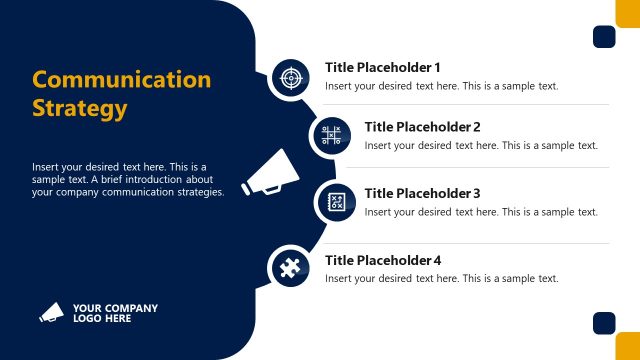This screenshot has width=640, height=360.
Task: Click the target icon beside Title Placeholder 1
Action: (290, 76)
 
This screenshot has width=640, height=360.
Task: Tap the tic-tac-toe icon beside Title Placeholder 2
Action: (330, 135)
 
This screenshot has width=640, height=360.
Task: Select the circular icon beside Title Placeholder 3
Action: (336, 202)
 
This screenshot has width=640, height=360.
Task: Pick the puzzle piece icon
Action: (290, 267)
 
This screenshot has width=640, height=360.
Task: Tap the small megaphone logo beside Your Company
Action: (51, 313)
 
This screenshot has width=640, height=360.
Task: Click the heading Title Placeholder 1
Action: (382, 67)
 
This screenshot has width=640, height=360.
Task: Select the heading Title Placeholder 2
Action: (422, 127)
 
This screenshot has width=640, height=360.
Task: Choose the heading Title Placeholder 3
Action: (422, 193)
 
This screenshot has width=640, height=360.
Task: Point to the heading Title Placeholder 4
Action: (382, 260)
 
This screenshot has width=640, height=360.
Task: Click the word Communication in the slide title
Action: (121, 80)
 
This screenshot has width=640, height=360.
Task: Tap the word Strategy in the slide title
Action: (80, 107)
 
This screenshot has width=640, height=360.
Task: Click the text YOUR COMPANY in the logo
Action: (115, 308)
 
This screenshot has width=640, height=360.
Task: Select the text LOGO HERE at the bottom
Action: (102, 319)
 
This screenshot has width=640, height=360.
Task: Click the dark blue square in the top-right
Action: (603, 37)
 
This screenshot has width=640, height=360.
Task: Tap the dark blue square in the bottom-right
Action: (603, 323)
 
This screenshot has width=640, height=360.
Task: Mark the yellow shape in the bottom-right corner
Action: (629, 347)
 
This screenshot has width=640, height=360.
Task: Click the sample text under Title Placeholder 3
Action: (481, 212)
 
